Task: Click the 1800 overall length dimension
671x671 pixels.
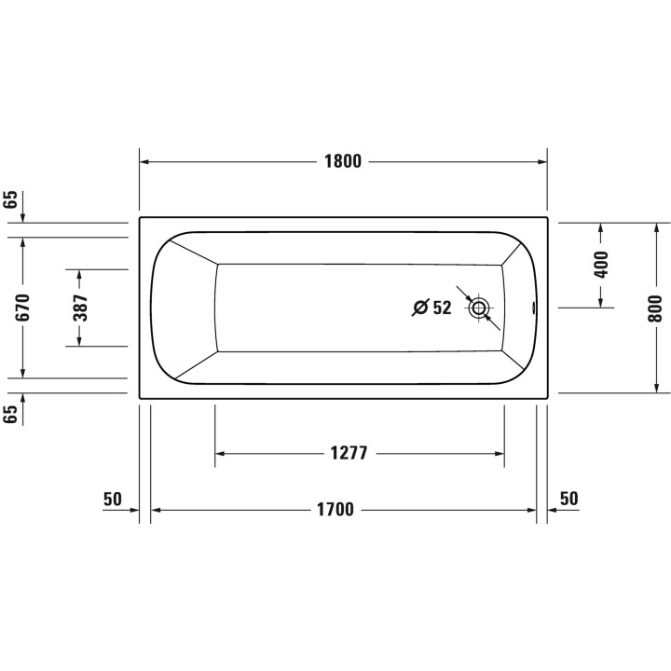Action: [342, 160]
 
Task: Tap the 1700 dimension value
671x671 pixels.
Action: [335, 510]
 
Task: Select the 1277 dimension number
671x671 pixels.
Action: [349, 454]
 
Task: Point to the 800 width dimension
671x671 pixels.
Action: [656, 308]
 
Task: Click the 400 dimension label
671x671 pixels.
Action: [600, 265]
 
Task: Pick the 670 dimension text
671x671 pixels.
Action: [23, 308]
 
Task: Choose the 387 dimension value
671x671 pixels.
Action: [80, 308]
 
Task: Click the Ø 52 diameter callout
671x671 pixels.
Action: [432, 308]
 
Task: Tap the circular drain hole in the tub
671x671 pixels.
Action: [480, 308]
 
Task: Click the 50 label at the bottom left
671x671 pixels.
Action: [113, 499]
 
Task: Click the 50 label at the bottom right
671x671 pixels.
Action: [568, 499]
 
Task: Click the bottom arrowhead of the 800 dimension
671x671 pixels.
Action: [656, 387]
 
